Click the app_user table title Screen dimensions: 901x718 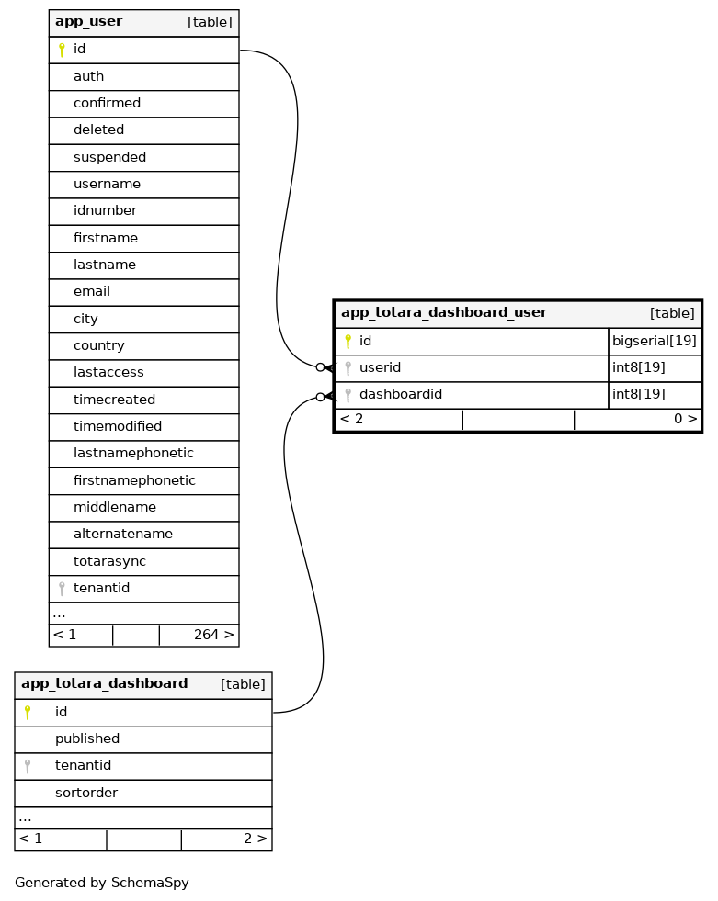[x=88, y=21]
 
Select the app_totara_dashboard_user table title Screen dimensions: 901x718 [x=443, y=312]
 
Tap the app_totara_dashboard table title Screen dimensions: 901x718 [x=104, y=683]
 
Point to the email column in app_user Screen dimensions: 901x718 [x=92, y=291]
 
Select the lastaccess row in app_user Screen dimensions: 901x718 [x=108, y=372]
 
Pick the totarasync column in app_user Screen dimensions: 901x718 [x=109, y=560]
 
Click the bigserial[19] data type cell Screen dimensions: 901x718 [x=654, y=341]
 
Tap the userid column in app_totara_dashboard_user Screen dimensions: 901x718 [x=380, y=367]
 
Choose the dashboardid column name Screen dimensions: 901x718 [x=400, y=394]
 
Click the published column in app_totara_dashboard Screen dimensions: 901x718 [x=87, y=738]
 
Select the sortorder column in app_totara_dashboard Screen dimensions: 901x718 [x=86, y=793]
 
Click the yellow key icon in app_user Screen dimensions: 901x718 [x=62, y=50]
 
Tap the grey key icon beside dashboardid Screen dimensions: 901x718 [x=348, y=395]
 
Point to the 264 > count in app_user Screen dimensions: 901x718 [x=213, y=635]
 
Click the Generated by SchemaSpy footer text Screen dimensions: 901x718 [x=102, y=883]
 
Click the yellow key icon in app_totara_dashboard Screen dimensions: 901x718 [x=28, y=712]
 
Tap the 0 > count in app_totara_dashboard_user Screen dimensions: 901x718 [x=685, y=419]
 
